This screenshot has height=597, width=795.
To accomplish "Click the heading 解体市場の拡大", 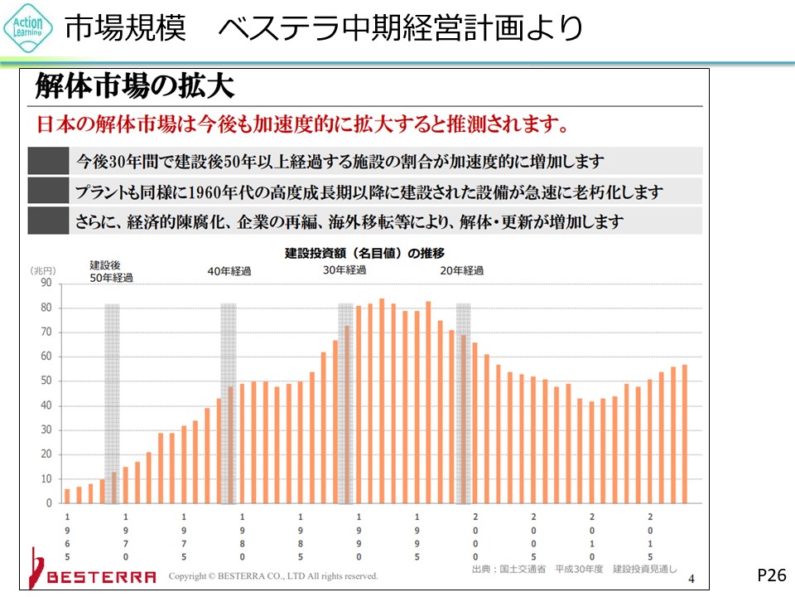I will tap(134, 86).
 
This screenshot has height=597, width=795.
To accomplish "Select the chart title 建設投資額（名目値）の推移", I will tap(364, 253).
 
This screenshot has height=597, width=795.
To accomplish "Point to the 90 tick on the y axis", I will tap(46, 283).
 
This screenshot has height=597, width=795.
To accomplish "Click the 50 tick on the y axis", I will tap(46, 381).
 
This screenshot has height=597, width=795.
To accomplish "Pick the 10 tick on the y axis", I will tap(46, 479).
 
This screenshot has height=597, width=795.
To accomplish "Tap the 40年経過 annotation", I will tap(229, 271).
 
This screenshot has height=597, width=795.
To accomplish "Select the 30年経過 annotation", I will tap(344, 270).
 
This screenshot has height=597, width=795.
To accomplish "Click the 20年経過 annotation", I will tap(461, 271).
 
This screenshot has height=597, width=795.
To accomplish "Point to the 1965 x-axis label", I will tap(67, 537).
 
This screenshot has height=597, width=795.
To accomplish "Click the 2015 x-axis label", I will tap(650, 537).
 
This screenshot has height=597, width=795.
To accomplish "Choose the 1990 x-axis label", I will tap(359, 537).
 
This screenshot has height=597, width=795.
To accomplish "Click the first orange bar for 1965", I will tap(67, 496).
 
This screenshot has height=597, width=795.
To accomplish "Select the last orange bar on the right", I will tap(685, 434).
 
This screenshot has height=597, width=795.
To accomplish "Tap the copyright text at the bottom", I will tap(273, 575).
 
